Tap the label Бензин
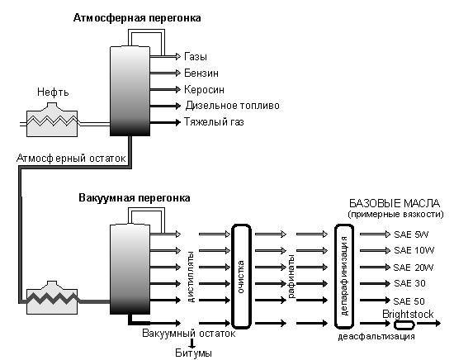pyautogui.click(x=201, y=73)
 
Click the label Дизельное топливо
pyautogui.click(x=232, y=106)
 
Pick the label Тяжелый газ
pyautogui.click(x=215, y=122)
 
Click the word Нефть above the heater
pyautogui.click(x=53, y=92)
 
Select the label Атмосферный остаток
pyautogui.click(x=69, y=157)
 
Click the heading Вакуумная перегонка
pyautogui.click(x=135, y=199)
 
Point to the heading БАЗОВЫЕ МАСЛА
pyautogui.click(x=395, y=204)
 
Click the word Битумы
pyautogui.click(x=192, y=353)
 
